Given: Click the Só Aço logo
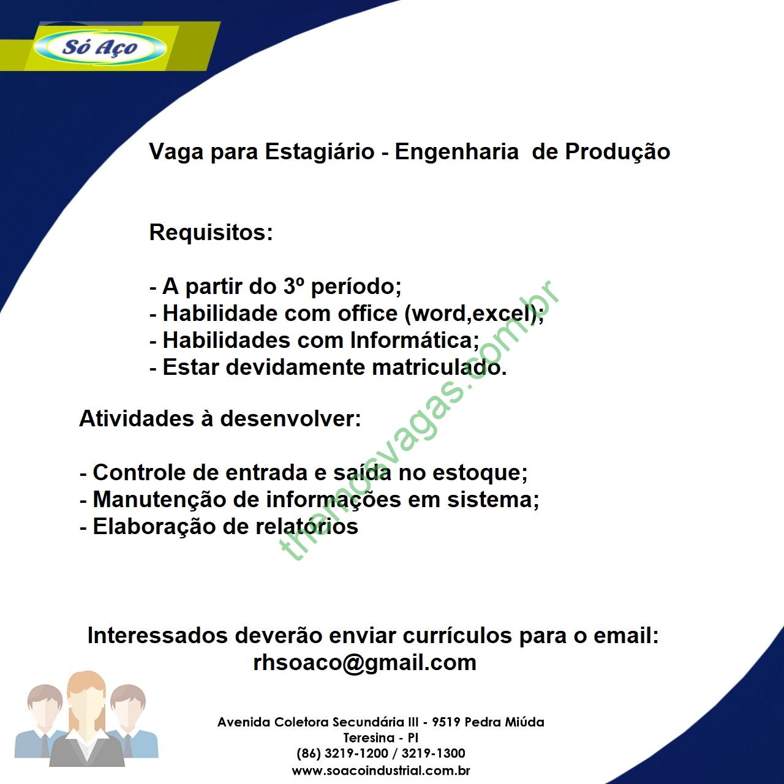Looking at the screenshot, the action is (100, 48).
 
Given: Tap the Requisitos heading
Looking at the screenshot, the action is (211, 232).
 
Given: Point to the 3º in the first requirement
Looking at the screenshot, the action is (293, 287).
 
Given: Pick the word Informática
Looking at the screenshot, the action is (415, 340).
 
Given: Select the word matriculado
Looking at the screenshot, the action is (440, 367).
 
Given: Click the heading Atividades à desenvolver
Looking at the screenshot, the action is (220, 419).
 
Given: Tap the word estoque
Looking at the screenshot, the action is (480, 473).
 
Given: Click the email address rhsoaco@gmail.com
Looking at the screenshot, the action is (364, 663).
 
